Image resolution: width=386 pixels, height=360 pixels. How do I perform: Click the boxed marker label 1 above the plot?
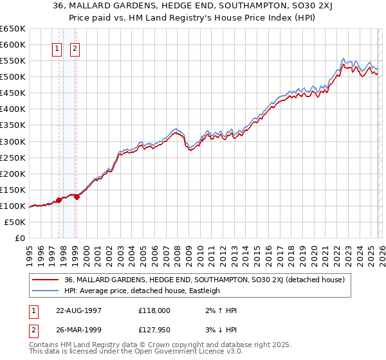point(57,48)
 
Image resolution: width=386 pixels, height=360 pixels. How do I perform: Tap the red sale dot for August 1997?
point(59,200)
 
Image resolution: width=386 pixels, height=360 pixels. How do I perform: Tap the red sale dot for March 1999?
point(77,197)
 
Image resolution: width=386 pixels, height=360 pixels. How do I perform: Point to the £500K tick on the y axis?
point(13,77)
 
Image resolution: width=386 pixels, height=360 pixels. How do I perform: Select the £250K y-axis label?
point(13,157)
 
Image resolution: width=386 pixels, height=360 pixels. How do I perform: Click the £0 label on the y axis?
point(21,238)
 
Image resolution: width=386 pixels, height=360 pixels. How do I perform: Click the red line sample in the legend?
point(46,280)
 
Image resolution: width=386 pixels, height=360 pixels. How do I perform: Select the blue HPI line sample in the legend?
point(46,291)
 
